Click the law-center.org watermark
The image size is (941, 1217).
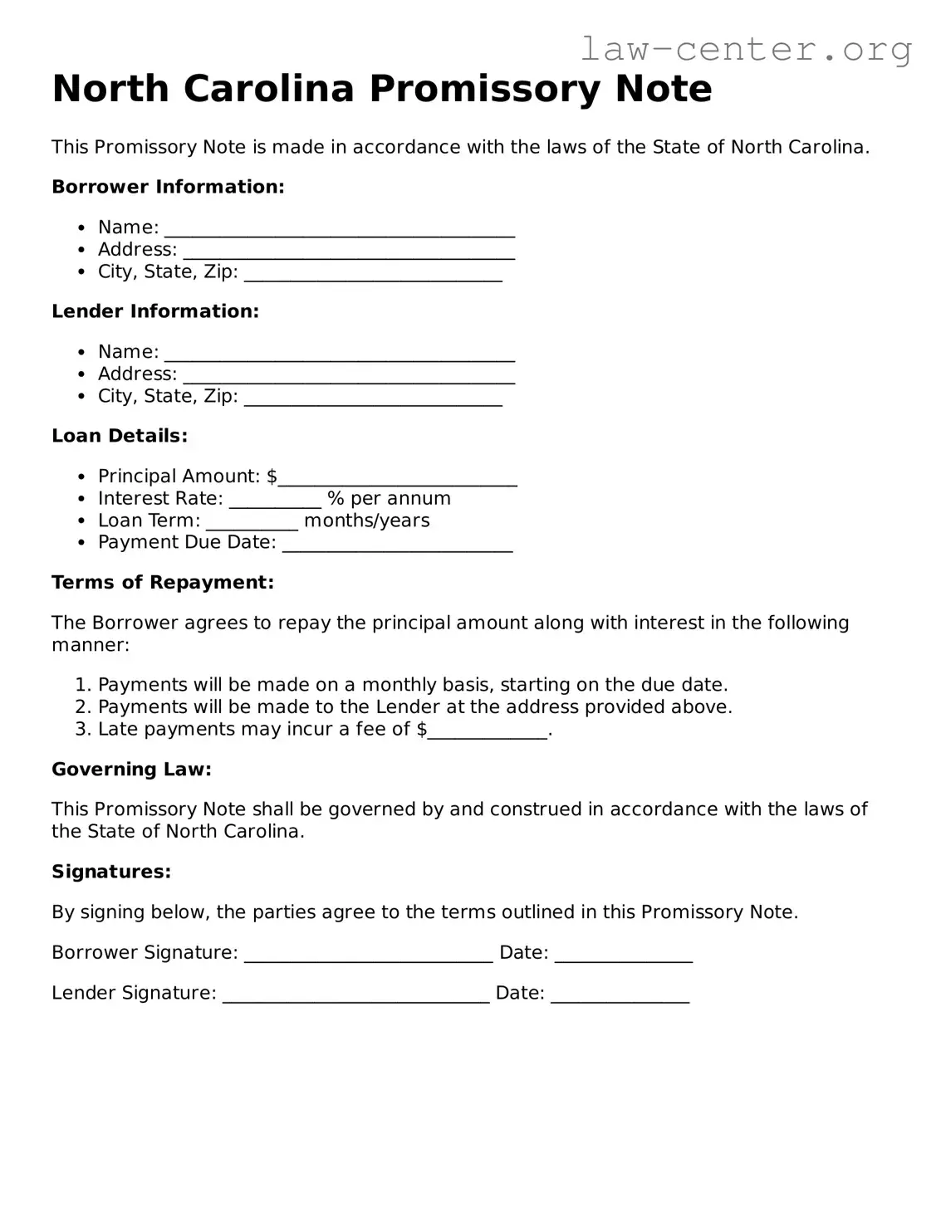745,49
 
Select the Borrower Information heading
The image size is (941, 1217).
168,187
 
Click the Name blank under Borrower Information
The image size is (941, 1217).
339,230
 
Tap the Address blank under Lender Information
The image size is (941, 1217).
349,377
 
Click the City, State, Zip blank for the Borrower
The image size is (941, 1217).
373,275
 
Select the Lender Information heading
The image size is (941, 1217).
155,311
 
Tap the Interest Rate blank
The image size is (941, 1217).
275,501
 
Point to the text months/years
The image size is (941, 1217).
367,521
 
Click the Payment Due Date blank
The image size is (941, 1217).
397,545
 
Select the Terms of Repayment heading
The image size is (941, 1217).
163,583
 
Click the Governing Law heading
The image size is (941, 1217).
131,770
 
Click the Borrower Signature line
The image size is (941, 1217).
368,956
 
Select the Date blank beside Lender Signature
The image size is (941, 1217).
620,996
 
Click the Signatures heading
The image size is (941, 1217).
111,872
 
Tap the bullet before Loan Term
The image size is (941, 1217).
81,521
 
